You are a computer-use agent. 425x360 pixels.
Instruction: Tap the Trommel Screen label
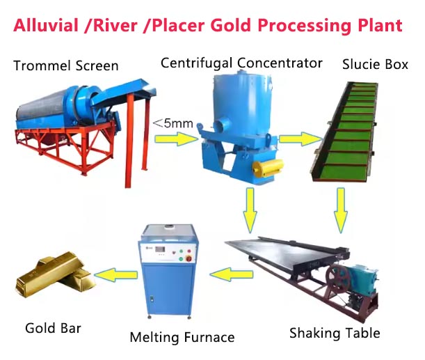[66, 65]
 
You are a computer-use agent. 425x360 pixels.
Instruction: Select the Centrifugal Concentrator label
[241, 63]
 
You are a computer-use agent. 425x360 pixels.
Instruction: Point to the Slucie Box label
[375, 64]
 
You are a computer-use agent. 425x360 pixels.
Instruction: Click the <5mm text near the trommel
[173, 123]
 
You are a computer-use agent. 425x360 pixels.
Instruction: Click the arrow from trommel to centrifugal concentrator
[177, 139]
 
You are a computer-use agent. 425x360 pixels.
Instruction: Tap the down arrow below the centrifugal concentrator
[250, 210]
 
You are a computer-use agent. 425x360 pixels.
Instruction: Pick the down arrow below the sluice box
[341, 210]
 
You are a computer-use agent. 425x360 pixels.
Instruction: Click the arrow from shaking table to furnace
[232, 274]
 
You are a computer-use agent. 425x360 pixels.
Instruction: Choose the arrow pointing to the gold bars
[116, 274]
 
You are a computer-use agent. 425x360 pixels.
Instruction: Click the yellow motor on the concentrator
[268, 168]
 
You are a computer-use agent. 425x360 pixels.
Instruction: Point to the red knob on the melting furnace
[189, 258]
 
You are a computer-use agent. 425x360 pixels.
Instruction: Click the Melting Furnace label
[182, 338]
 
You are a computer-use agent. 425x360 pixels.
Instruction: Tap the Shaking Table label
[335, 333]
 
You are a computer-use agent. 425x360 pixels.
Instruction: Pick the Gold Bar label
[53, 328]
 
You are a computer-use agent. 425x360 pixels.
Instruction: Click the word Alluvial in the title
[46, 25]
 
